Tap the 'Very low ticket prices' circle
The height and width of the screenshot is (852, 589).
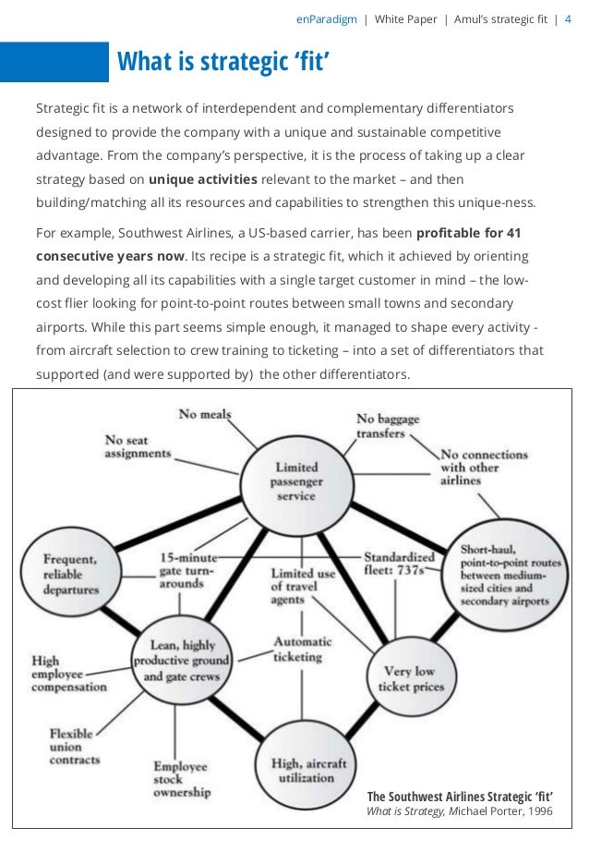pos(412,678)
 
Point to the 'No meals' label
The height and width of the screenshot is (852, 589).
pos(205,415)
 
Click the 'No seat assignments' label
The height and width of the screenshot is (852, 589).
pos(138,447)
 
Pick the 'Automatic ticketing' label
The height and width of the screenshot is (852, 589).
pos(296,649)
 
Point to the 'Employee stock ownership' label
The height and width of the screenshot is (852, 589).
pos(182,779)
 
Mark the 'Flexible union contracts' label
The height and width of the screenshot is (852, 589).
pos(75,747)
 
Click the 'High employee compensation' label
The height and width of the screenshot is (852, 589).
pos(68,674)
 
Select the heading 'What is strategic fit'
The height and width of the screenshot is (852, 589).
pos(223,63)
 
